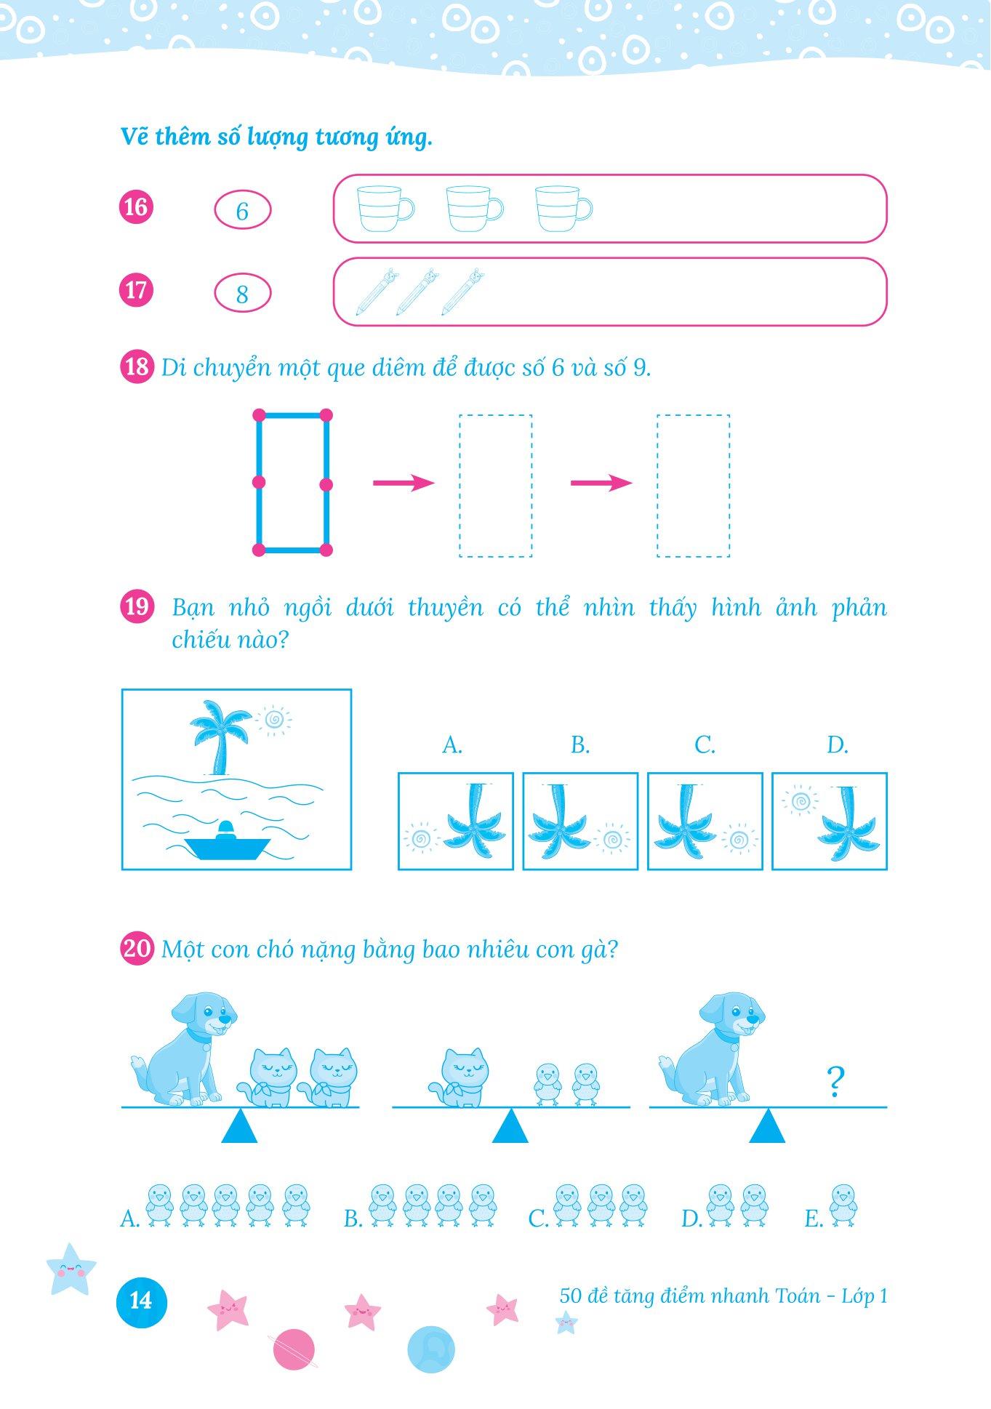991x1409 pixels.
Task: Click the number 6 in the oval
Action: click(242, 212)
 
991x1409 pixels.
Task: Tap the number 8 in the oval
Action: click(242, 294)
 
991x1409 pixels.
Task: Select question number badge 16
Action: click(136, 207)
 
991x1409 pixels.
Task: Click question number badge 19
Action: click(137, 606)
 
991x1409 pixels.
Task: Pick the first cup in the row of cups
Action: click(385, 209)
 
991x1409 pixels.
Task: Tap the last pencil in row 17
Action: click(462, 292)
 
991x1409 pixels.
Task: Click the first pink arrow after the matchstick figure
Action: click(404, 483)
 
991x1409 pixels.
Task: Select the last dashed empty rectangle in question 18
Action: click(693, 486)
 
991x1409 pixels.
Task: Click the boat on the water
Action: click(227, 844)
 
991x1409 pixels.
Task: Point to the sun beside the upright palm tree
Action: click(273, 719)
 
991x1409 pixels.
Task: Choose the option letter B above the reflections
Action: click(579, 745)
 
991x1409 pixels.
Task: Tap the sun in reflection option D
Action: click(799, 802)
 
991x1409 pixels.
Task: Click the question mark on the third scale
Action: click(835, 1082)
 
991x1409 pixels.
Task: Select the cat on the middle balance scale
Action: click(458, 1078)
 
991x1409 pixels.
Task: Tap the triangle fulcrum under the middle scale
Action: click(510, 1125)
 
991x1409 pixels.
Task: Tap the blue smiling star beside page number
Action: click(71, 1269)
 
